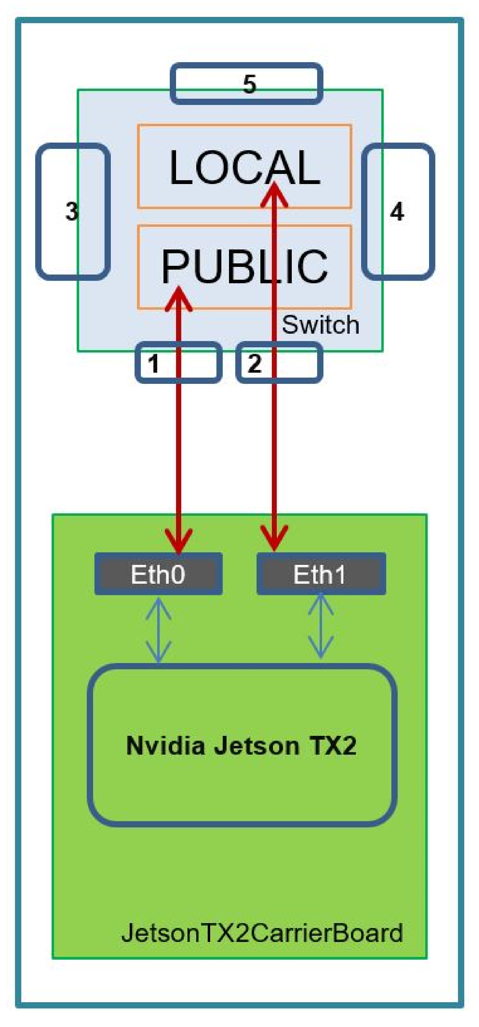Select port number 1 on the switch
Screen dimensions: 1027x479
[154, 364]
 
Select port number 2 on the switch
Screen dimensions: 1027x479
[255, 364]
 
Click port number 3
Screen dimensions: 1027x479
[72, 211]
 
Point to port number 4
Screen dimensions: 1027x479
[397, 211]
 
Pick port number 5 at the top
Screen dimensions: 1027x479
[249, 84]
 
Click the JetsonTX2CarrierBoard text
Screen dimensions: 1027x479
[262, 933]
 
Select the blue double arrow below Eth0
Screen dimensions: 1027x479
[159, 630]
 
